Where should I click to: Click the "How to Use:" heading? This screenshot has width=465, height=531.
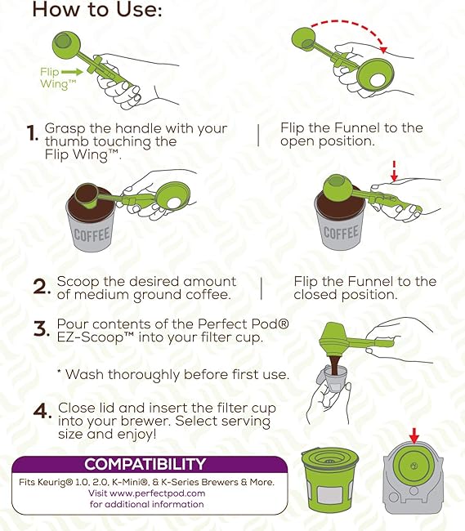click(97, 10)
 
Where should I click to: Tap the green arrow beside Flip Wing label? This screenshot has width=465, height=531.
click(72, 72)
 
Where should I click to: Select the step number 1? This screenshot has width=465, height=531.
click(33, 133)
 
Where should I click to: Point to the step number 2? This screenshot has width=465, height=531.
click(42, 288)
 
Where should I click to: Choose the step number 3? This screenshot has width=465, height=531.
click(42, 329)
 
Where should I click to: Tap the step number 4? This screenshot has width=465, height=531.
click(42, 412)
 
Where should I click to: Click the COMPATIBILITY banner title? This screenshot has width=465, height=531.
click(145, 464)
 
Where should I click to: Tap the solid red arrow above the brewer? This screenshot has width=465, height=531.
click(414, 435)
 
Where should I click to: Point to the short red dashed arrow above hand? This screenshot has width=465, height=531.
click(394, 171)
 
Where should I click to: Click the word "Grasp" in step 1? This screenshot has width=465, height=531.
click(65, 129)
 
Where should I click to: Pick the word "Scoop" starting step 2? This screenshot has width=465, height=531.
click(78, 281)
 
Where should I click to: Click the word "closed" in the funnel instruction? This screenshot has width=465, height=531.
click(315, 295)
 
